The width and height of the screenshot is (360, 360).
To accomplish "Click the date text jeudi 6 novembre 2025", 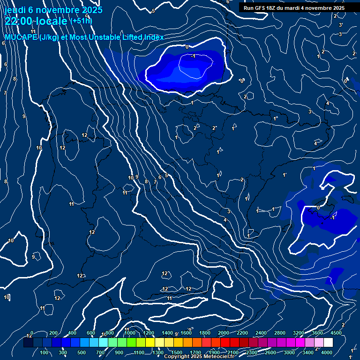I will click(x=49, y=9).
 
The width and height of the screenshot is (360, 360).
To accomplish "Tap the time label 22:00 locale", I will click(x=36, y=21).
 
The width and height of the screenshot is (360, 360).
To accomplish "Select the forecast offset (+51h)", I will click(x=81, y=21).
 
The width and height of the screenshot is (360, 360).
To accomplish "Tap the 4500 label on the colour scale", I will click(x=336, y=333).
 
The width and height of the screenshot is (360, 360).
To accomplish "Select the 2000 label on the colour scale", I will click(x=224, y=333).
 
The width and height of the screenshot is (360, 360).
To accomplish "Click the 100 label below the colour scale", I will click(x=45, y=352).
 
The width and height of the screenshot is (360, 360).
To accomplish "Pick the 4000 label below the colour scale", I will click(x=327, y=352).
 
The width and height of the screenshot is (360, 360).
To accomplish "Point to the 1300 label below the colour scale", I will click(x=158, y=352).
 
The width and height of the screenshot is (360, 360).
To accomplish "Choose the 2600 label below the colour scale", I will click(x=270, y=352).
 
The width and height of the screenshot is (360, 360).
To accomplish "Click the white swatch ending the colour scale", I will click(x=328, y=343).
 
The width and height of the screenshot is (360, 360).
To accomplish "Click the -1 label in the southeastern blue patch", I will click(x=332, y=218).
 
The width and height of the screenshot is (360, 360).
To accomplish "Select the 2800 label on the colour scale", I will click(x=280, y=333).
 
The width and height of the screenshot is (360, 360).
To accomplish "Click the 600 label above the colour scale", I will click(x=91, y=333).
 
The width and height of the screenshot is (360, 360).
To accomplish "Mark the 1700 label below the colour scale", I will click(x=195, y=352).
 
